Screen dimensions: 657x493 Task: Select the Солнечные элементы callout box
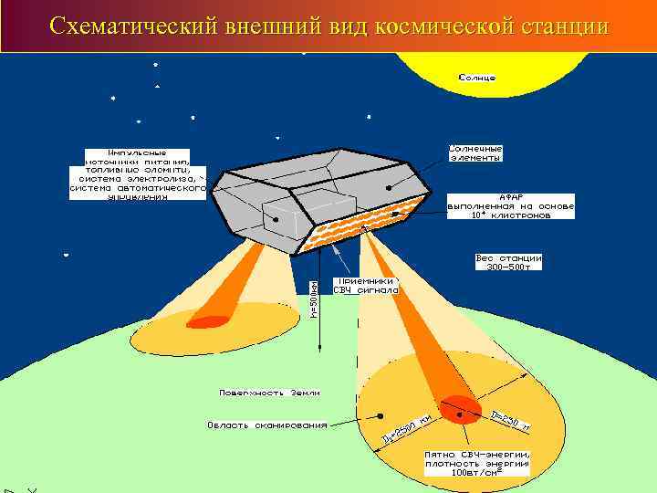(475, 152)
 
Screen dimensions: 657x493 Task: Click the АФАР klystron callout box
(510, 206)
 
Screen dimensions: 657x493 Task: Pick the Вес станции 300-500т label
(508, 261)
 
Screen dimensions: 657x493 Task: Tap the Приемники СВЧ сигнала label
(366, 286)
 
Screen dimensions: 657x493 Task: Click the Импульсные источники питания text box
(137, 173)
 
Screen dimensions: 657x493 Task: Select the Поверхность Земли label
(269, 392)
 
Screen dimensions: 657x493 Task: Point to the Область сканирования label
(267, 425)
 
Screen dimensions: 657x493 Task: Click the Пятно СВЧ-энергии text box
(477, 463)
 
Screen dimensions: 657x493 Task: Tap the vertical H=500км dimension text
(314, 292)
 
